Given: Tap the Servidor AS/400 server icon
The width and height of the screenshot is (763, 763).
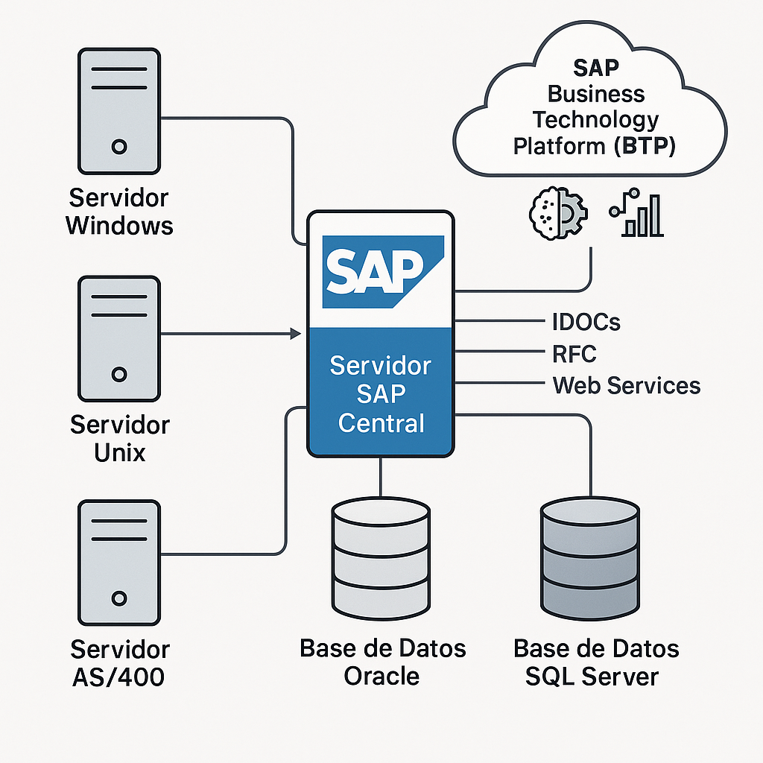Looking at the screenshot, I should [118, 563].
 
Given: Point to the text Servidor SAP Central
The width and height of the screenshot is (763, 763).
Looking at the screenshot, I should [381, 394].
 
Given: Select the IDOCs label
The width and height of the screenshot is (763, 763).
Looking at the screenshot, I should [586, 322].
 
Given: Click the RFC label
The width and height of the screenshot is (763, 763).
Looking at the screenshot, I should [574, 354].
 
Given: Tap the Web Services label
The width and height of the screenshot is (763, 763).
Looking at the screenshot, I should [626, 385].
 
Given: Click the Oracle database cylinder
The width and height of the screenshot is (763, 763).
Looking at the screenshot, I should [381, 554].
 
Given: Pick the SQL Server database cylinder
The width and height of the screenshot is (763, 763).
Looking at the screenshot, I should [590, 554].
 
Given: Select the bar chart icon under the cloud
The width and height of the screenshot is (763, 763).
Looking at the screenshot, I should [637, 215].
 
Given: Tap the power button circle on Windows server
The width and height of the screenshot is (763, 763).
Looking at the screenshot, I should [118, 147].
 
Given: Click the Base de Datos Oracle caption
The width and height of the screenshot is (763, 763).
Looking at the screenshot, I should [382, 662].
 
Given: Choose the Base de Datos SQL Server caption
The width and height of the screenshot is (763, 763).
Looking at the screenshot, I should [595, 662].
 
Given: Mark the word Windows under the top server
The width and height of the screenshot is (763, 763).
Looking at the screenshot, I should [119, 225].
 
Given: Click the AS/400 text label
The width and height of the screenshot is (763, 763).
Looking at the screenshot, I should [119, 677].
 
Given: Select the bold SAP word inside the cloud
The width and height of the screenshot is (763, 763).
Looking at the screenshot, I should [595, 68].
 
